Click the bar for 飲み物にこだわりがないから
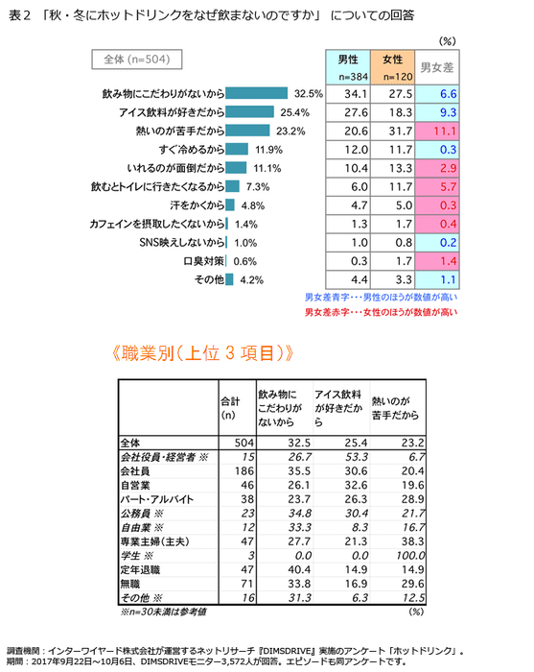tap(258, 94)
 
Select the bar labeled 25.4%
tap(251, 112)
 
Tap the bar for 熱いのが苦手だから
tap(248, 131)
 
